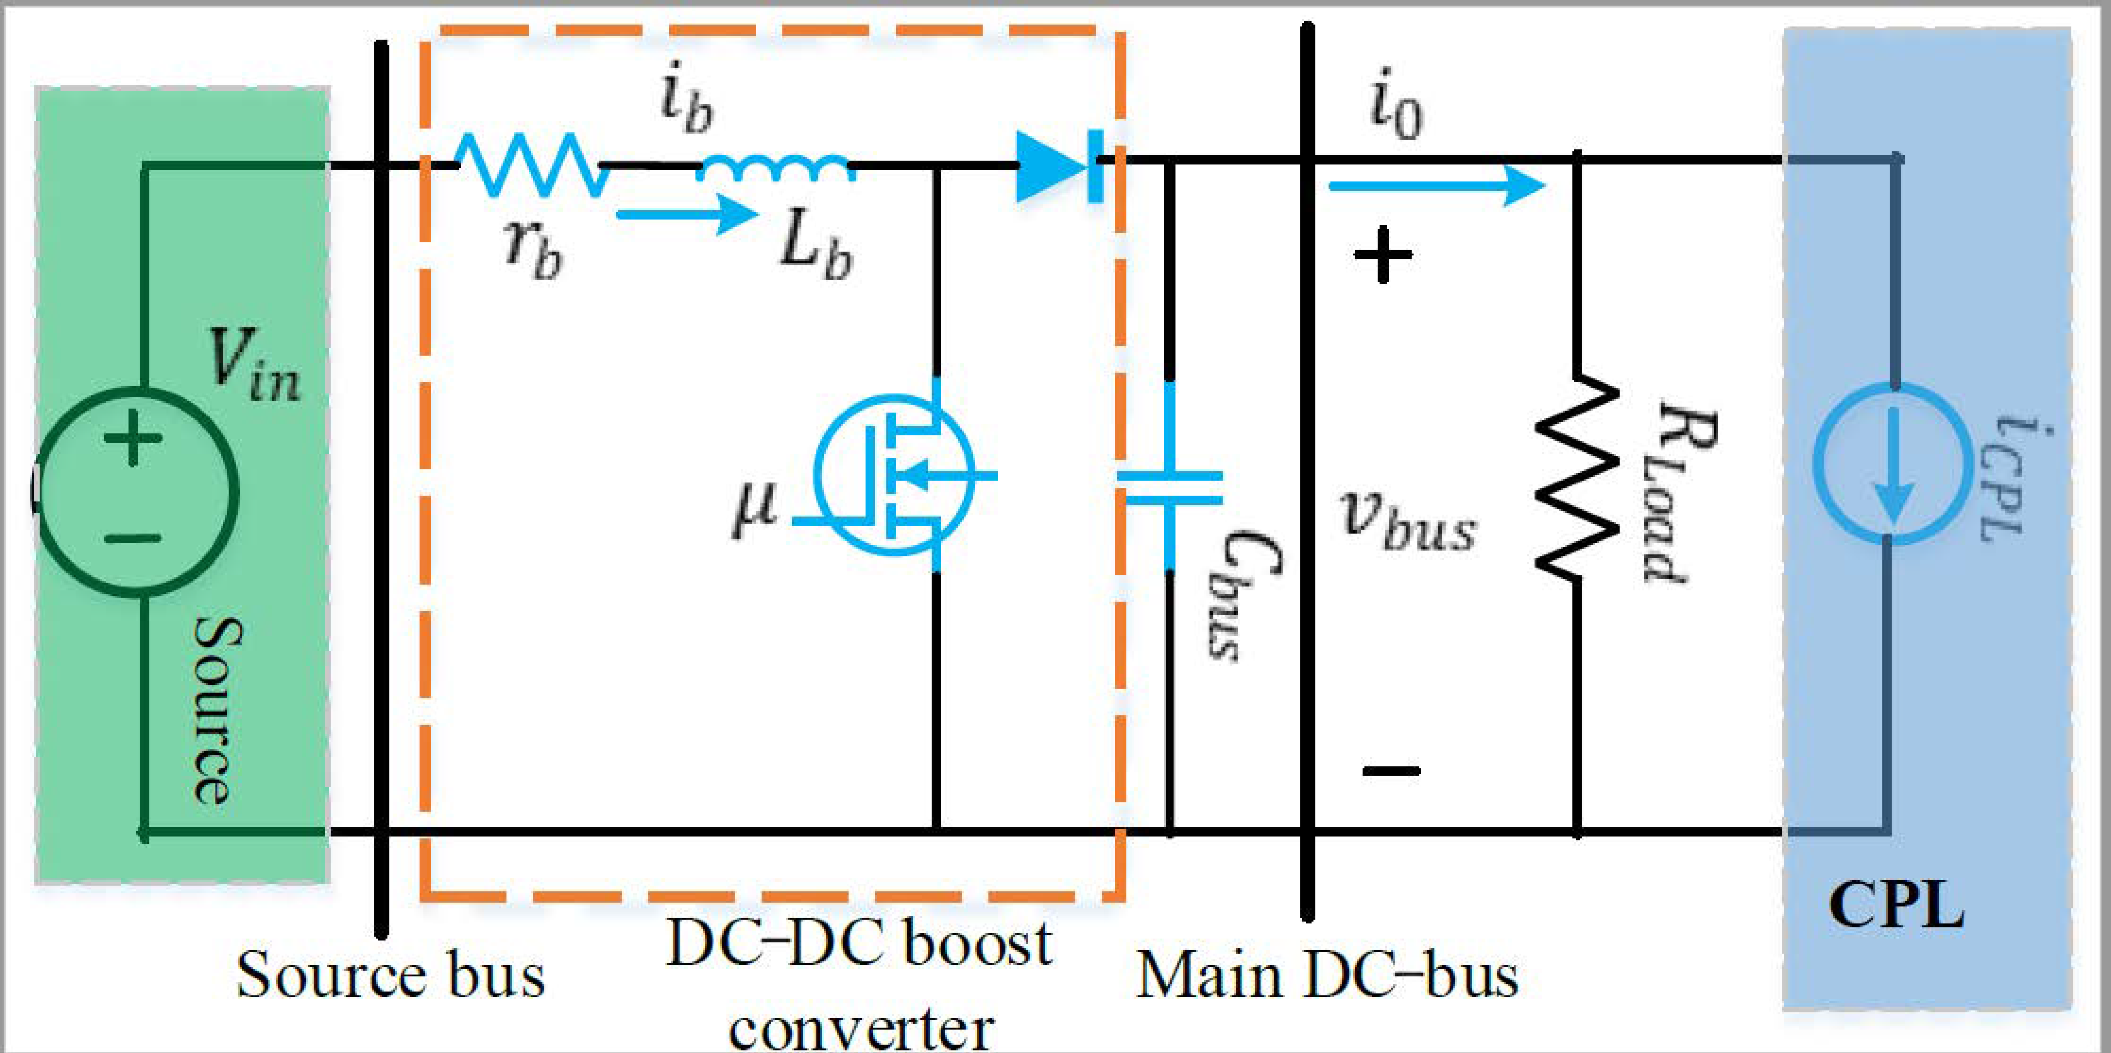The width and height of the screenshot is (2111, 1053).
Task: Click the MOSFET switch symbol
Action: pyautogui.click(x=893, y=475)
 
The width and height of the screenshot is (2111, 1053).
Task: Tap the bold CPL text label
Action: pyautogui.click(x=1896, y=906)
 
